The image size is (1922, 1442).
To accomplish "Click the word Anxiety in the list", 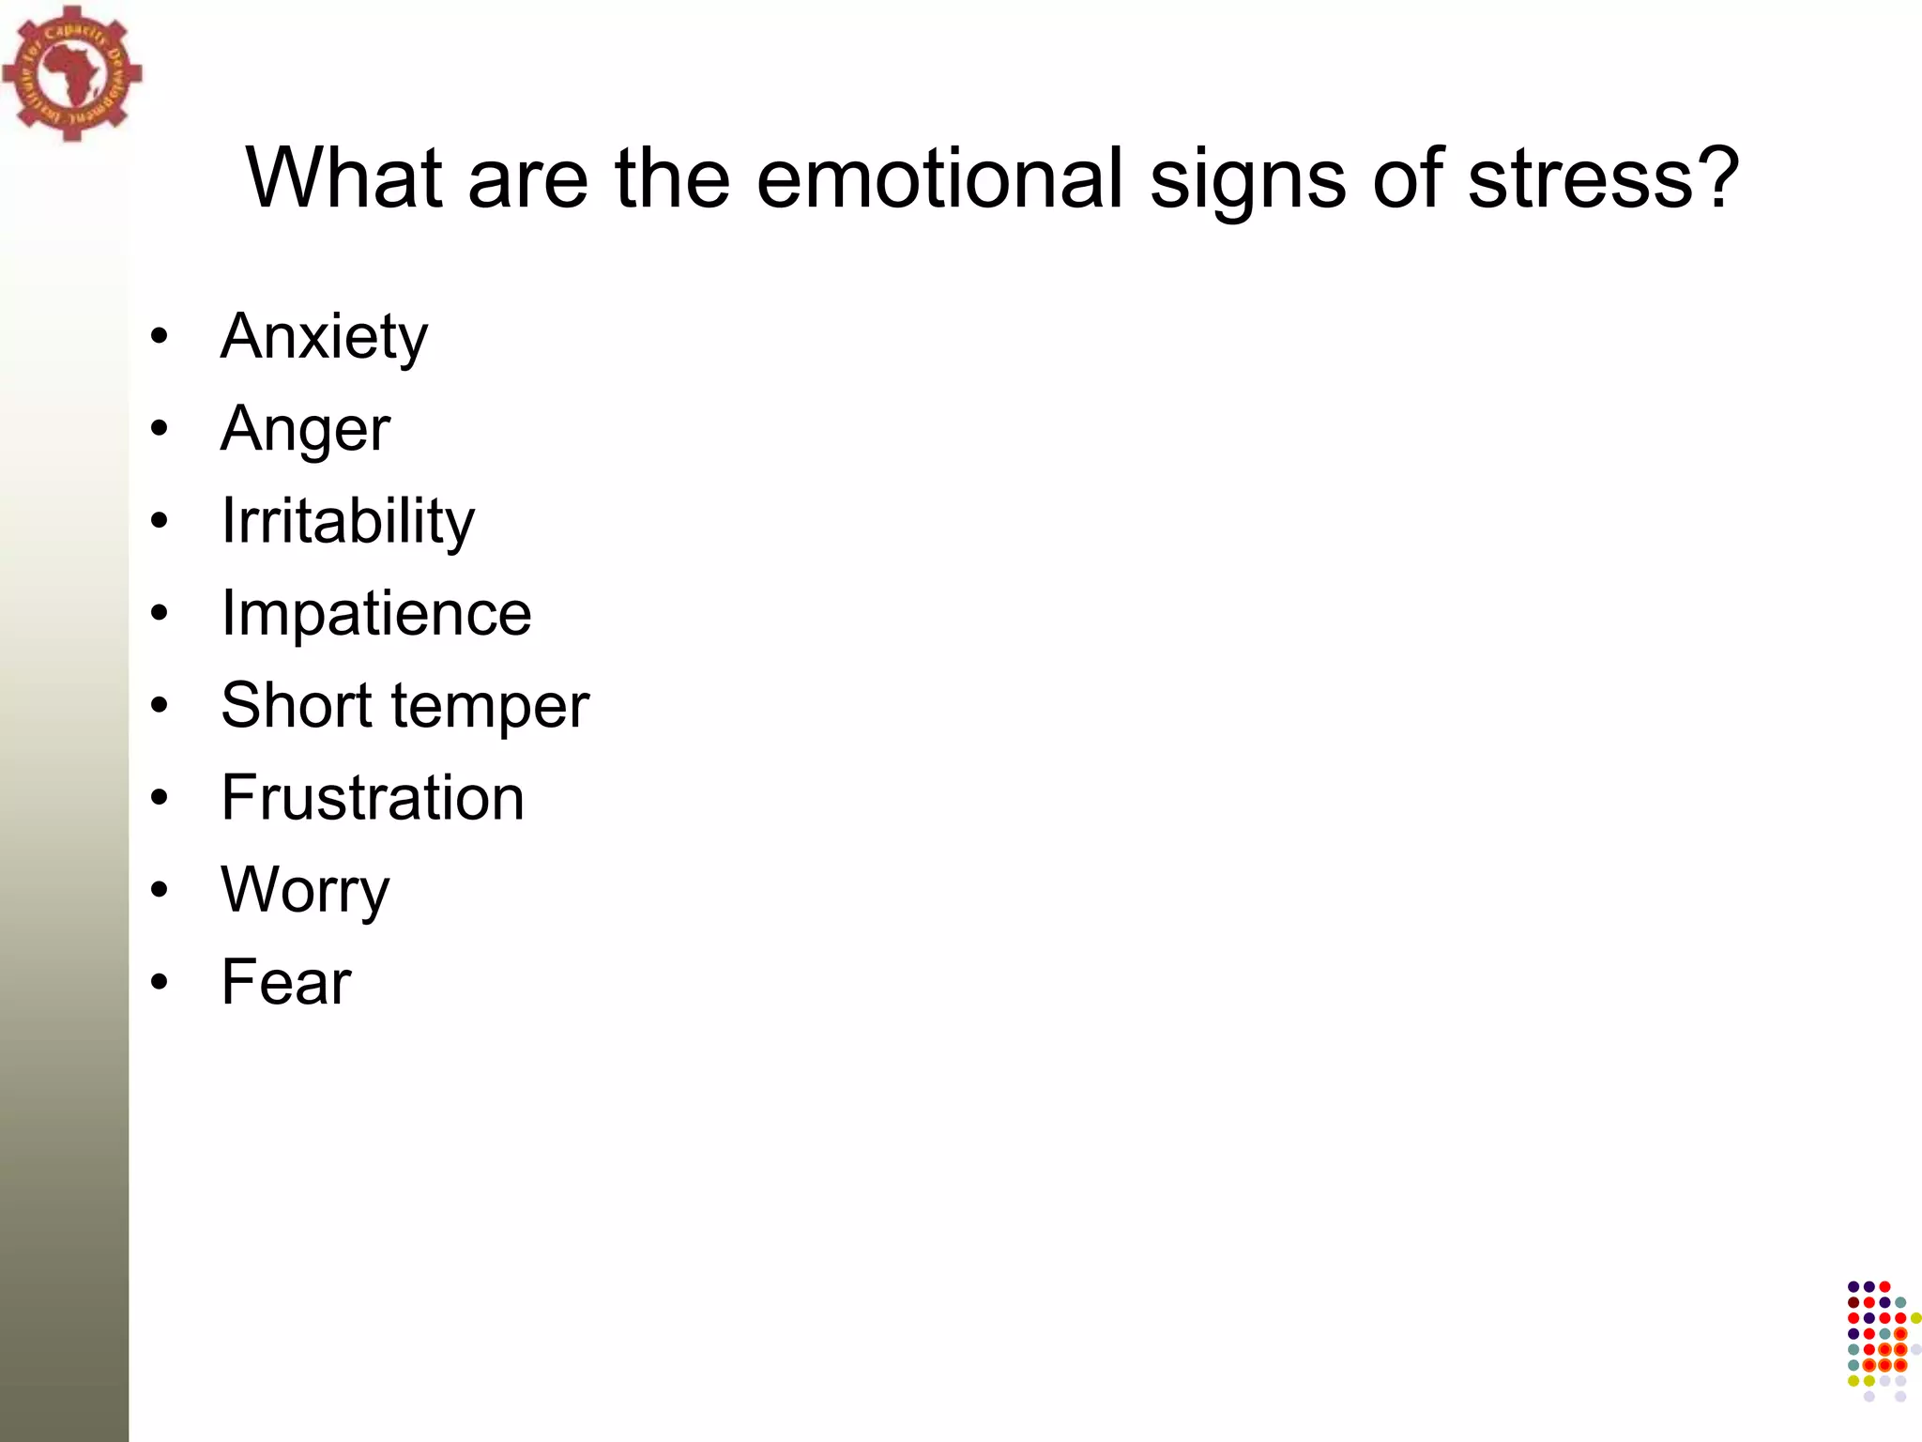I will (x=324, y=337).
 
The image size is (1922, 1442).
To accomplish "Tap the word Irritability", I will (x=347, y=521).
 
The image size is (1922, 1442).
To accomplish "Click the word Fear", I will (x=286, y=982).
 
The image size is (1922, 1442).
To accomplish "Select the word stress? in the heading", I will (x=1603, y=177).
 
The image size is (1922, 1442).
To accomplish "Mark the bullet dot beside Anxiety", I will (x=160, y=336).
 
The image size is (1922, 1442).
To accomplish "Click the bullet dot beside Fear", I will (x=160, y=982).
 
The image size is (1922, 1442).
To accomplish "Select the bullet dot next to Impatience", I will (x=160, y=613).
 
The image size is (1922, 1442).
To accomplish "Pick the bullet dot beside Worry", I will (x=160, y=889).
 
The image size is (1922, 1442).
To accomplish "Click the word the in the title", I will (x=672, y=177).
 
